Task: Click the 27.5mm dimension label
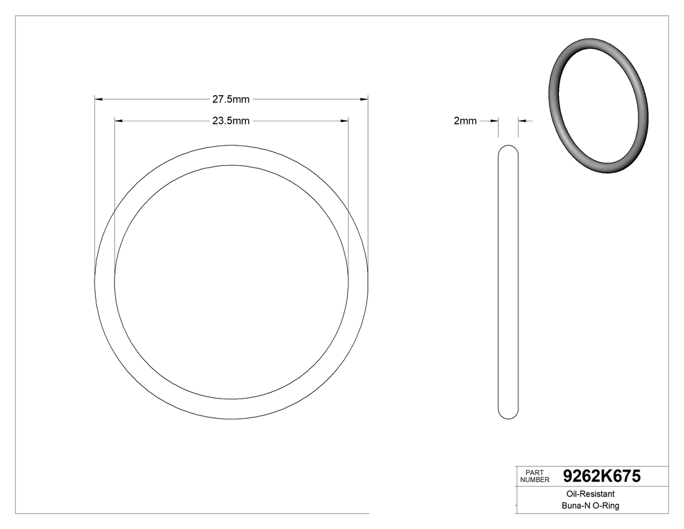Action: pyautogui.click(x=231, y=99)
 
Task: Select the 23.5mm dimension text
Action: pyautogui.click(x=231, y=121)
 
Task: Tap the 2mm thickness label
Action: pyautogui.click(x=465, y=121)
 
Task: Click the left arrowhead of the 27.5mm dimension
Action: pyautogui.click(x=98, y=99)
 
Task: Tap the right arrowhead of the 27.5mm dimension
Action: pyautogui.click(x=365, y=99)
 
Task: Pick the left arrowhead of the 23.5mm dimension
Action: pyautogui.click(x=118, y=121)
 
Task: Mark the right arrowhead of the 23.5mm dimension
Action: pyautogui.click(x=344, y=121)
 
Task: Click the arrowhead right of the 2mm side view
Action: pyautogui.click(x=522, y=121)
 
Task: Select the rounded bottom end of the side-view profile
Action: pyautogui.click(x=508, y=416)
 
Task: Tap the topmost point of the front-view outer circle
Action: pyautogui.click(x=231, y=145)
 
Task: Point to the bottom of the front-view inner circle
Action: pyautogui.click(x=231, y=399)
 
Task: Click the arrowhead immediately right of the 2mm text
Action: pyautogui.click(x=494, y=121)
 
